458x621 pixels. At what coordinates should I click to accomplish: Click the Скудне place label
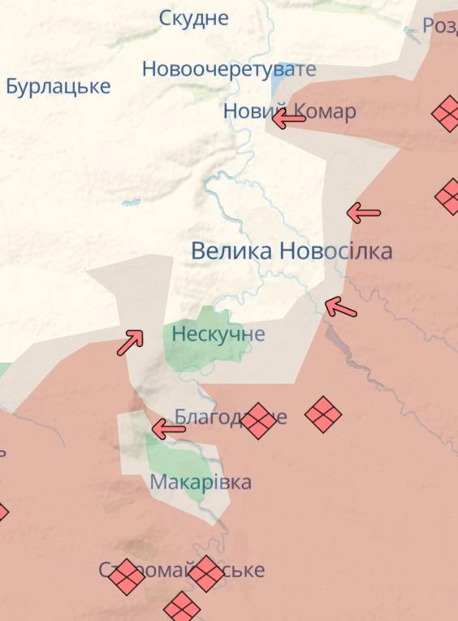click(193, 18)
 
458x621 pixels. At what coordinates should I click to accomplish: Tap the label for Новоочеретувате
click(228, 69)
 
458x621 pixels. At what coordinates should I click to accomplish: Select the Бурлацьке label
click(58, 85)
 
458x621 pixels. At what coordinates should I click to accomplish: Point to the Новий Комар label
click(289, 111)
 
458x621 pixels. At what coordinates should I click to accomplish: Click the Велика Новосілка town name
click(292, 250)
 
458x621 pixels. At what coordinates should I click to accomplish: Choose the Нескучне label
click(218, 334)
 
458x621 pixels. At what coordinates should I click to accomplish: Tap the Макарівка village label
click(201, 482)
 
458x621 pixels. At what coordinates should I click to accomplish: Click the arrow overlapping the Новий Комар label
click(288, 119)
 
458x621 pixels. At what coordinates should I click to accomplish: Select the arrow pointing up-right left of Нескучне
click(130, 341)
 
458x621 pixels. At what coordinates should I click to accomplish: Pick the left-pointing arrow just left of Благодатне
click(168, 428)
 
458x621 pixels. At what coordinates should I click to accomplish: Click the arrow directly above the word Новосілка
click(364, 213)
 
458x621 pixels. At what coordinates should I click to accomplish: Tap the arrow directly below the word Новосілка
click(340, 306)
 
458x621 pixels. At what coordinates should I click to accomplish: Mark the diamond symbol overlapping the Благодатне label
click(259, 420)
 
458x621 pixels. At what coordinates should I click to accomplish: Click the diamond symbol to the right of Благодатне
click(323, 415)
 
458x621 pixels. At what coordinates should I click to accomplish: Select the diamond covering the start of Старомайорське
click(126, 576)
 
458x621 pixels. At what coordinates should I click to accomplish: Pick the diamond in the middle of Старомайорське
click(206, 573)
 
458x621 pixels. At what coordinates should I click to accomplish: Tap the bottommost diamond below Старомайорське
click(182, 607)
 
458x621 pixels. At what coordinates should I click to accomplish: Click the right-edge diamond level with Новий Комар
click(447, 113)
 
